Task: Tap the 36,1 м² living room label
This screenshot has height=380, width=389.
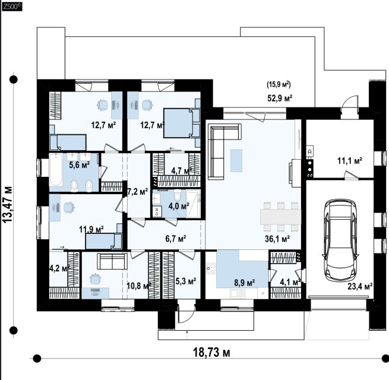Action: pos(277,239)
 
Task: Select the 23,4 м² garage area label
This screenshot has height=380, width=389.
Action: pos(360,287)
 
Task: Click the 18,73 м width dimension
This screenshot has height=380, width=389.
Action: pos(211,352)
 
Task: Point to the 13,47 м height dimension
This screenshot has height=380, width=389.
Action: pos(7,204)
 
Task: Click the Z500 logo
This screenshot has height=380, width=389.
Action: pos(12,7)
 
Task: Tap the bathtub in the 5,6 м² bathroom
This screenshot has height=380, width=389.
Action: pos(56,170)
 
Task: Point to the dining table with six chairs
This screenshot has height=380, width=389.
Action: pos(280,217)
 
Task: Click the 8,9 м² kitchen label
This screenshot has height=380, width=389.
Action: pos(245,283)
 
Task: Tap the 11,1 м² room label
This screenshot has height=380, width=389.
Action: pos(350,161)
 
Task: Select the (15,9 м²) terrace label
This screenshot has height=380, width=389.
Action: pos(279,84)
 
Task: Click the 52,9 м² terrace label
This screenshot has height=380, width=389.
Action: pos(280,98)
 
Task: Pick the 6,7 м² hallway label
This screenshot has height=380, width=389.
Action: pos(176,239)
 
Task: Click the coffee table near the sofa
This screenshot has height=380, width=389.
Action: pos(236,160)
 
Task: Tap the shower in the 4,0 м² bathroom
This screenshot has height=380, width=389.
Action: pos(193,204)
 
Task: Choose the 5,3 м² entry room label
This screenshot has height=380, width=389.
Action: pos(186,281)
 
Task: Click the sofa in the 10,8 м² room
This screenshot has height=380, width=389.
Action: pos(112,261)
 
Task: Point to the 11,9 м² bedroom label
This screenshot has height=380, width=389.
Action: pos(91,229)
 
